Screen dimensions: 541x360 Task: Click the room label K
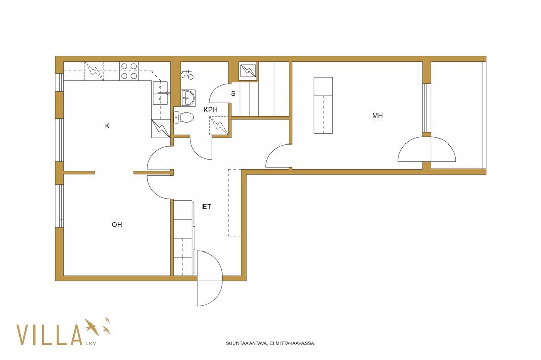107,126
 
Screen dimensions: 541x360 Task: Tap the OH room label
117,225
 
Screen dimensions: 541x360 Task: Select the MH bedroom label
377,116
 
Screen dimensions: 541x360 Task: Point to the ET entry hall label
207,207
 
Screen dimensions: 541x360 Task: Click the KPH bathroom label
211,110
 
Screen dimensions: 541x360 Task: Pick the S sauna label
233,93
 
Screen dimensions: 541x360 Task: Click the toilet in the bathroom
184,117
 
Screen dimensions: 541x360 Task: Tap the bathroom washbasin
188,97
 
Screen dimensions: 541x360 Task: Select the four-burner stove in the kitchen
129,71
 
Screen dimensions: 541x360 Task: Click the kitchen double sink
160,93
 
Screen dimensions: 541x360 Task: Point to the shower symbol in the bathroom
187,74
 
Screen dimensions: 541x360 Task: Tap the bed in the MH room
323,105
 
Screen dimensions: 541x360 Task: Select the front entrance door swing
210,278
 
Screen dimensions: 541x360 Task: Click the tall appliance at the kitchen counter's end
161,129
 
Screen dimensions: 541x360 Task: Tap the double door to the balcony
427,149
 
